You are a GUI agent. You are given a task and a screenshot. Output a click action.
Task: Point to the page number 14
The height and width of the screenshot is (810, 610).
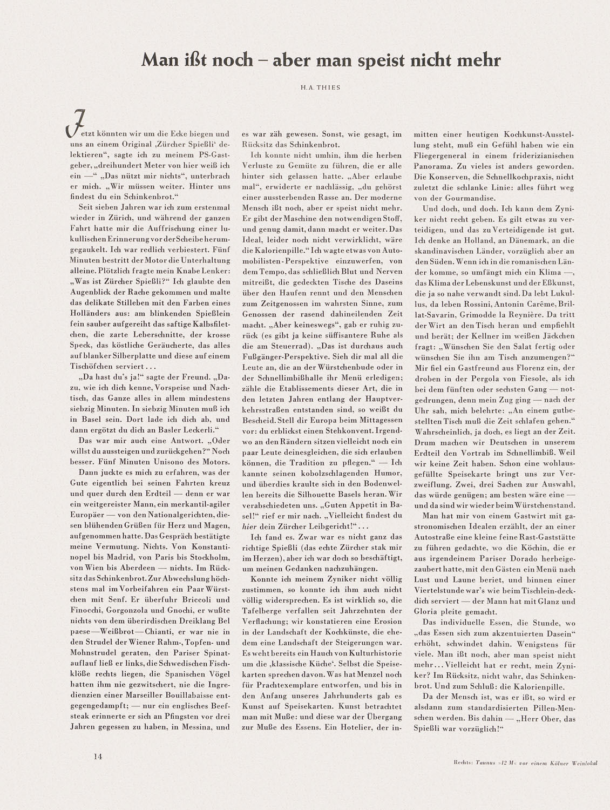[97, 757]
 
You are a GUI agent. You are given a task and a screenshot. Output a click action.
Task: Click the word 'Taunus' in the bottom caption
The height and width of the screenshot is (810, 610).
[480, 764]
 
